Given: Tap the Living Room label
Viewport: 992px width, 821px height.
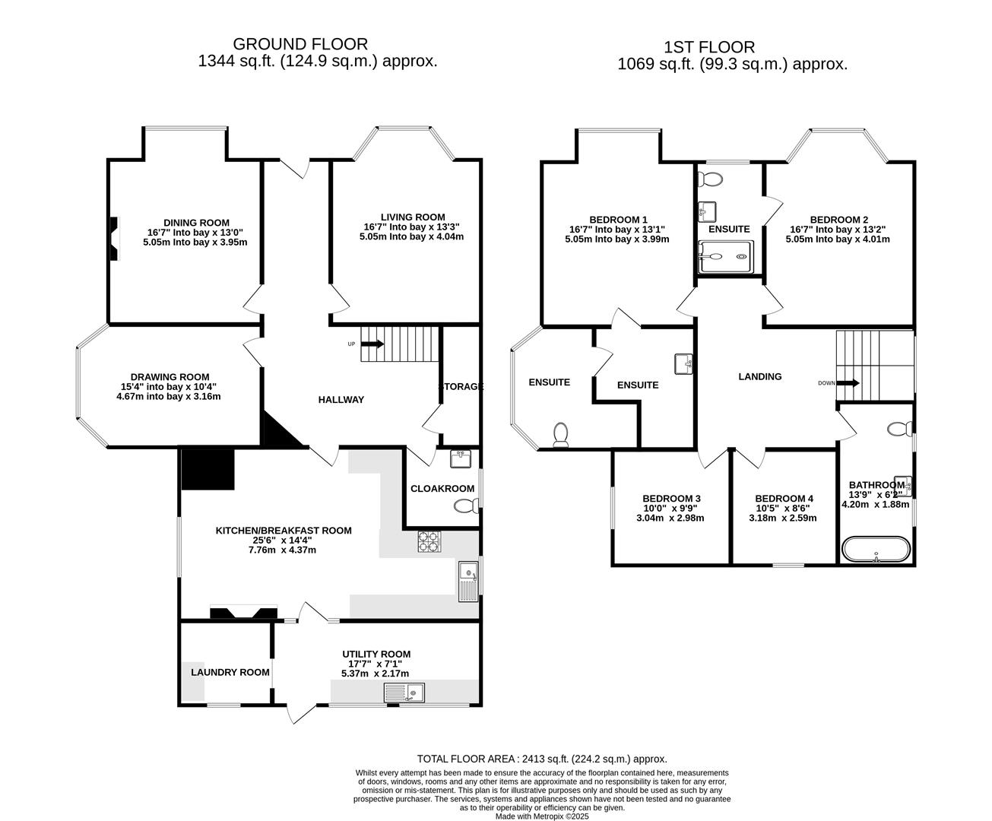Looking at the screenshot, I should [x=413, y=217].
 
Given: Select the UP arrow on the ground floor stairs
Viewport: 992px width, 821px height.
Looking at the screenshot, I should [x=372, y=344].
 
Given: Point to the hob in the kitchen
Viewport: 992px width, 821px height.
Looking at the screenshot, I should [x=429, y=541].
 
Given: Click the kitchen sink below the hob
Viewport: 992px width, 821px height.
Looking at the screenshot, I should [x=467, y=582].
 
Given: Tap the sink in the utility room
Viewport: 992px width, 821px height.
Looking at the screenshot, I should [x=404, y=693].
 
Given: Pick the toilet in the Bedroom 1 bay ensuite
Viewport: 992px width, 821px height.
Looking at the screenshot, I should [x=561, y=434].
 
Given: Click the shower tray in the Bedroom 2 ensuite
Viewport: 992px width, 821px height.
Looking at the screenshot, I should [x=726, y=257].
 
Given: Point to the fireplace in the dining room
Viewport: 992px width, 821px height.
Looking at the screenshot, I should [x=113, y=238].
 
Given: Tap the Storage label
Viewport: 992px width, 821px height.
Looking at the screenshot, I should [x=461, y=386].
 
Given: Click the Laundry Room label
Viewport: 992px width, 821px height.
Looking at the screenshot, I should [x=230, y=672].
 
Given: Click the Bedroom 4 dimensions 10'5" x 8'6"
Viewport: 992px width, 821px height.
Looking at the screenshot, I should [x=783, y=509].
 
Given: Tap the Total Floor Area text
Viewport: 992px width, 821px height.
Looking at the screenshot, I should [x=542, y=759].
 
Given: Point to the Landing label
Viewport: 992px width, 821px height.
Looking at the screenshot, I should [x=759, y=376].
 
